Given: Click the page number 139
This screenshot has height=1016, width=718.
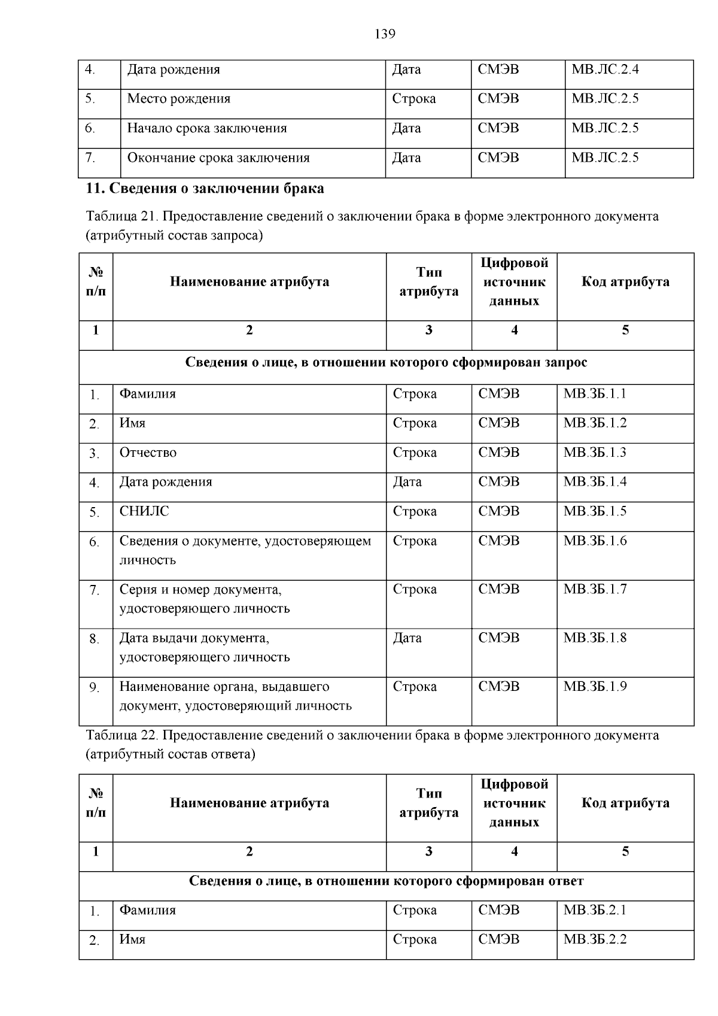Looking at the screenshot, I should [385, 34].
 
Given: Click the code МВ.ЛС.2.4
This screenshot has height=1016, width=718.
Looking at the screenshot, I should [605, 69].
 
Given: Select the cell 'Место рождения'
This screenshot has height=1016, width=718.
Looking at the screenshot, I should [178, 99].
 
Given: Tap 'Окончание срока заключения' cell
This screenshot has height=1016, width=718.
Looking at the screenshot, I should [218, 158].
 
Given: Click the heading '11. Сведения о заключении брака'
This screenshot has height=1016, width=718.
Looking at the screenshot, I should [205, 189].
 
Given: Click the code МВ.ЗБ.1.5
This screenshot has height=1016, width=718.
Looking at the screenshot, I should [595, 511].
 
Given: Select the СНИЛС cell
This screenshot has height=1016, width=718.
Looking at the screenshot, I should [144, 511].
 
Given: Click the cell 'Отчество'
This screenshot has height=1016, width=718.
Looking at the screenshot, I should [148, 453].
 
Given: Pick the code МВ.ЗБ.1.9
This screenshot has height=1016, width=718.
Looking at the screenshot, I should [595, 687].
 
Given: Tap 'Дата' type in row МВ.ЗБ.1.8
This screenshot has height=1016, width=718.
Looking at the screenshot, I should [407, 638].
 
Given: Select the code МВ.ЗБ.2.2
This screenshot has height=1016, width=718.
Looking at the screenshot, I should [595, 939].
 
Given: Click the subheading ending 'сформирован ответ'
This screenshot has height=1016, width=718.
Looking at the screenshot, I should [386, 881].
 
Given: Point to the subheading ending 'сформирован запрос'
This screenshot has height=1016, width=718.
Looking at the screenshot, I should [386, 362].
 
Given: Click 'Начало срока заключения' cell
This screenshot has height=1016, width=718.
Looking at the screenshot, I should [206, 128].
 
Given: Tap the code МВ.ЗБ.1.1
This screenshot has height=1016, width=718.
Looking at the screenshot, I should [595, 394].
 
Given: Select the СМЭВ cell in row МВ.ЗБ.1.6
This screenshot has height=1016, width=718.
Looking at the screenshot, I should [499, 541].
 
